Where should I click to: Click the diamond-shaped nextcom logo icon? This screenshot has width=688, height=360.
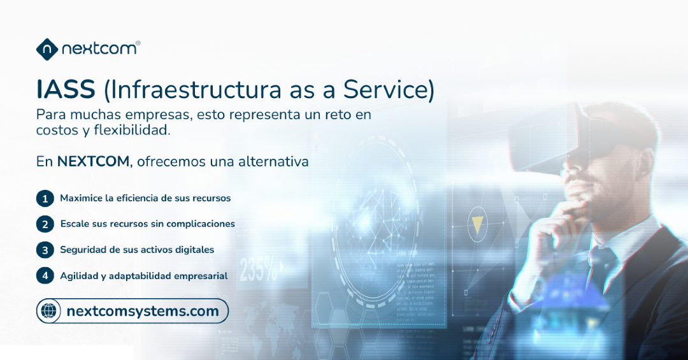tap(47, 49)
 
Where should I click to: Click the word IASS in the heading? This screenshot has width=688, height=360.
tap(66, 90)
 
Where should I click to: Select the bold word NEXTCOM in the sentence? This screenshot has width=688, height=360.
tap(93, 162)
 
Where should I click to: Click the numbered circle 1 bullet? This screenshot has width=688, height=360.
tap(45, 199)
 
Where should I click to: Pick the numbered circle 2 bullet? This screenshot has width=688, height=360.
tap(45, 224)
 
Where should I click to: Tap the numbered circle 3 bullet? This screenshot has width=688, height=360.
tap(45, 250)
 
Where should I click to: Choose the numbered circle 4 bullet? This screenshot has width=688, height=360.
tap(45, 276)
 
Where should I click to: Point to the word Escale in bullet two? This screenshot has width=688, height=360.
tap(75, 224)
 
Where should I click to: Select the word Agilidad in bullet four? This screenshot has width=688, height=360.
tap(78, 276)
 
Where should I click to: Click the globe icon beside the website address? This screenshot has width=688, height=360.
tap(49, 311)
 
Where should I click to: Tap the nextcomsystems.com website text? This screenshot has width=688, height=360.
tap(143, 312)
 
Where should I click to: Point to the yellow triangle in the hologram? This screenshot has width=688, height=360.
tap(477, 223)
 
